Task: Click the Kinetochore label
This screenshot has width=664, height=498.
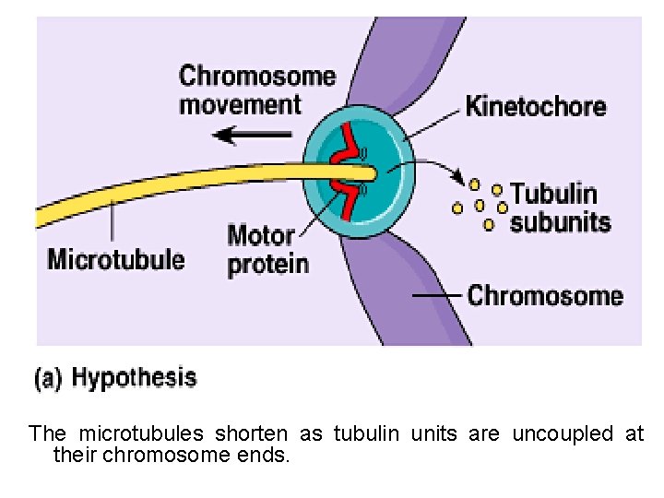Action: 535,106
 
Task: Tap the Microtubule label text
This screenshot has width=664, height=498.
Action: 116,258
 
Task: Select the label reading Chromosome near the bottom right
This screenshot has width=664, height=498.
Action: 545,296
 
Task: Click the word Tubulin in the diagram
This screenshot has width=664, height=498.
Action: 553,194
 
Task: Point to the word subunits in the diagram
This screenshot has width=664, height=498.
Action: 560,222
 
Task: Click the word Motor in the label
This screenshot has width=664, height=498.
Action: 261,236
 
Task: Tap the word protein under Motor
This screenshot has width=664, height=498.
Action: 267,265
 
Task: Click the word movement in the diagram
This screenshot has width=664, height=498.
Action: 240,103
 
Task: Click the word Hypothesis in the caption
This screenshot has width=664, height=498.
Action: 134,377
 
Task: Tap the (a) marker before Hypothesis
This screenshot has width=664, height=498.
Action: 49,378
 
